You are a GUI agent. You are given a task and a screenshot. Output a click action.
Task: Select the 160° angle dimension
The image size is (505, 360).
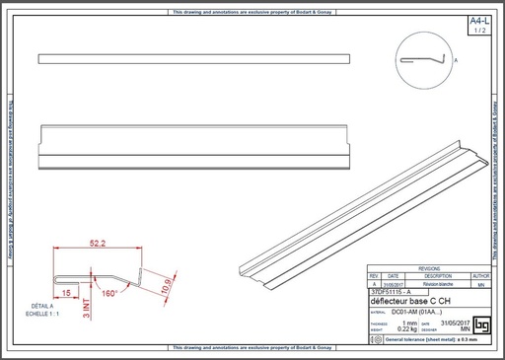click(x=109, y=293)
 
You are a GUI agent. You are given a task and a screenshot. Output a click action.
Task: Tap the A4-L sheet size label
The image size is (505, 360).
click(x=479, y=21)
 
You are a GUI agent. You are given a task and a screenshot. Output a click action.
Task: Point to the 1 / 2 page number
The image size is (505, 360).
click(x=479, y=31)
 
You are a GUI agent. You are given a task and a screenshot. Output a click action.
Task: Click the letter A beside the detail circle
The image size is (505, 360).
click(x=456, y=60)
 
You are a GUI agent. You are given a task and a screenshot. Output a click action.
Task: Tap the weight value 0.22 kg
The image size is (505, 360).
click(x=405, y=328)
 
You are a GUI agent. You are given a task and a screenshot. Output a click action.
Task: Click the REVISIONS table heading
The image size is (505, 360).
click(x=429, y=267)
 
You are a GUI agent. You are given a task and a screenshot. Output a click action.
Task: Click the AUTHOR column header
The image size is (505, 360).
click(x=480, y=275)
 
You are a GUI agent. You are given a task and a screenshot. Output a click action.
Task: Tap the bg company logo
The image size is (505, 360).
click(x=482, y=324)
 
